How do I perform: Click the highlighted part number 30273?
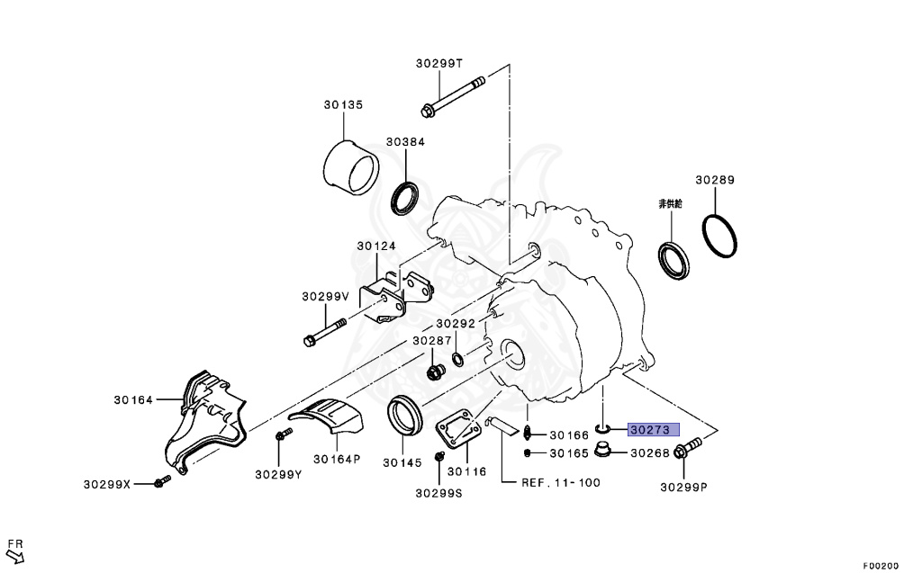(x=654, y=430)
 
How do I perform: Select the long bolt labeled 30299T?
(x=453, y=95)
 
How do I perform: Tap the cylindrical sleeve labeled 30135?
(x=352, y=167)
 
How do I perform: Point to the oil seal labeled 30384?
(x=405, y=198)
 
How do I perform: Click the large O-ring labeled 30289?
(x=719, y=237)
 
